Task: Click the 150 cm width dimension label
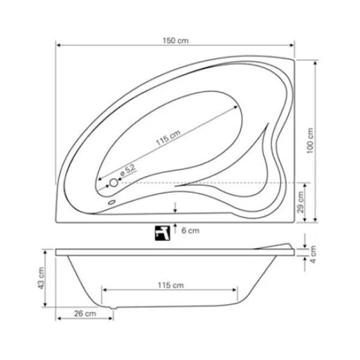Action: click(x=176, y=41)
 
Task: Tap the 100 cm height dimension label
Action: click(x=310, y=140)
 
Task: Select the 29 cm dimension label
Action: click(x=301, y=202)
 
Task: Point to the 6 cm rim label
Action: click(x=190, y=230)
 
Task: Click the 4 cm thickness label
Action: click(x=313, y=254)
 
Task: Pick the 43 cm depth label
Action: click(x=41, y=278)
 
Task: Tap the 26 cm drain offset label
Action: click(x=85, y=314)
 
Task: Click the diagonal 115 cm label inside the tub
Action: click(x=168, y=137)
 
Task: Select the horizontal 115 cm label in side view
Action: click(x=171, y=285)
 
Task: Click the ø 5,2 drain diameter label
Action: click(x=128, y=170)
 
